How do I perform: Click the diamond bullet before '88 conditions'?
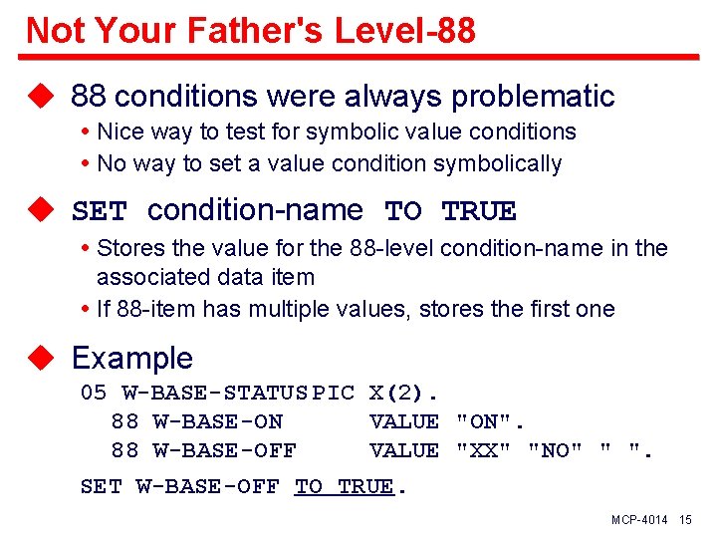tap(39, 97)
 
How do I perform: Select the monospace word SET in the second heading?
tap(100, 211)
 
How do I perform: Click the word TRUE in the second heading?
tap(479, 211)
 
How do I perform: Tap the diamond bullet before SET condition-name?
tap(39, 211)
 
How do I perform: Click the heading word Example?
tap(131, 358)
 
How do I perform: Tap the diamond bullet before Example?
tap(39, 358)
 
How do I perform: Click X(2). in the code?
tap(404, 393)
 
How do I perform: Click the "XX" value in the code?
tap(478, 451)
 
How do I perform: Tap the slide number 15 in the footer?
tap(685, 521)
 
